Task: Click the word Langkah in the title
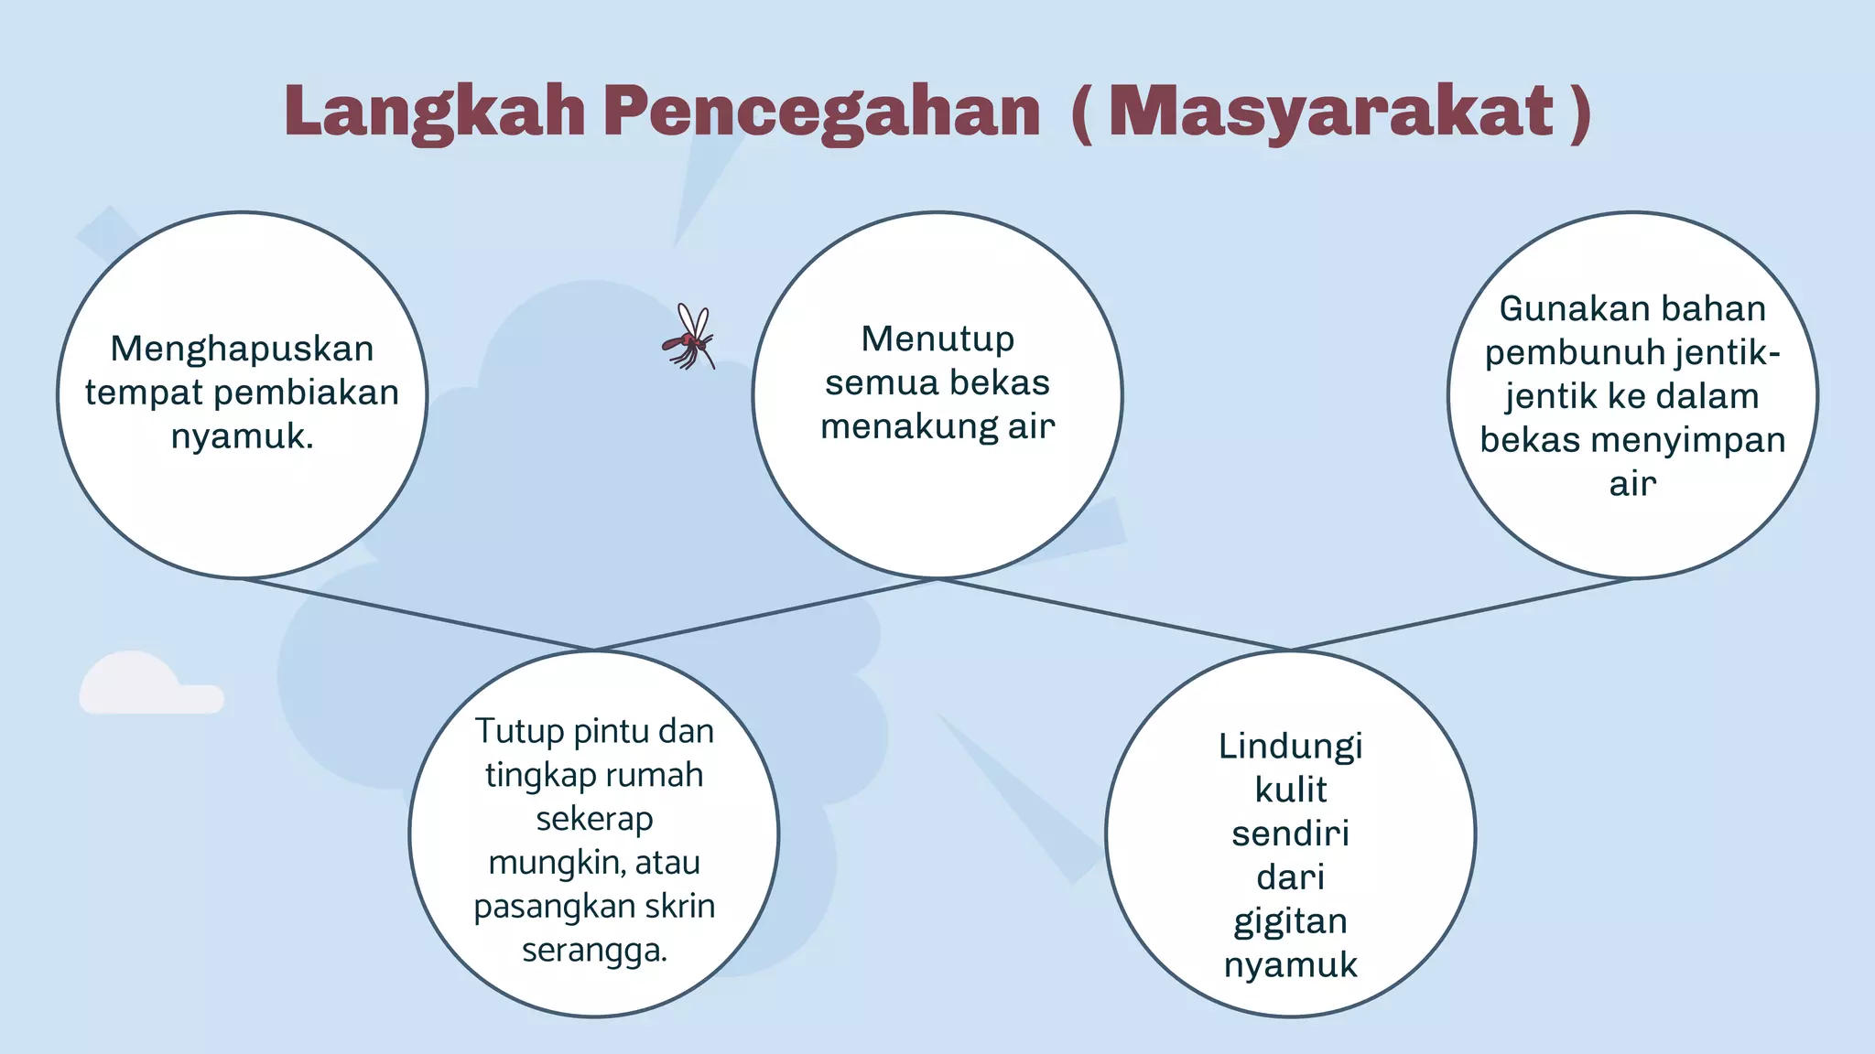point(434,112)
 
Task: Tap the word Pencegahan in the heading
point(821,112)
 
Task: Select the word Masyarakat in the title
point(1331,112)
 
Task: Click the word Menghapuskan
point(242,349)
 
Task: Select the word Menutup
point(937,339)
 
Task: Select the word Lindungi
point(1290,747)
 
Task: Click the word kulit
point(1290,790)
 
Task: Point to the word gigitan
point(1290,921)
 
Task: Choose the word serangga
point(593,951)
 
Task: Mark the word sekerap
point(594,819)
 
